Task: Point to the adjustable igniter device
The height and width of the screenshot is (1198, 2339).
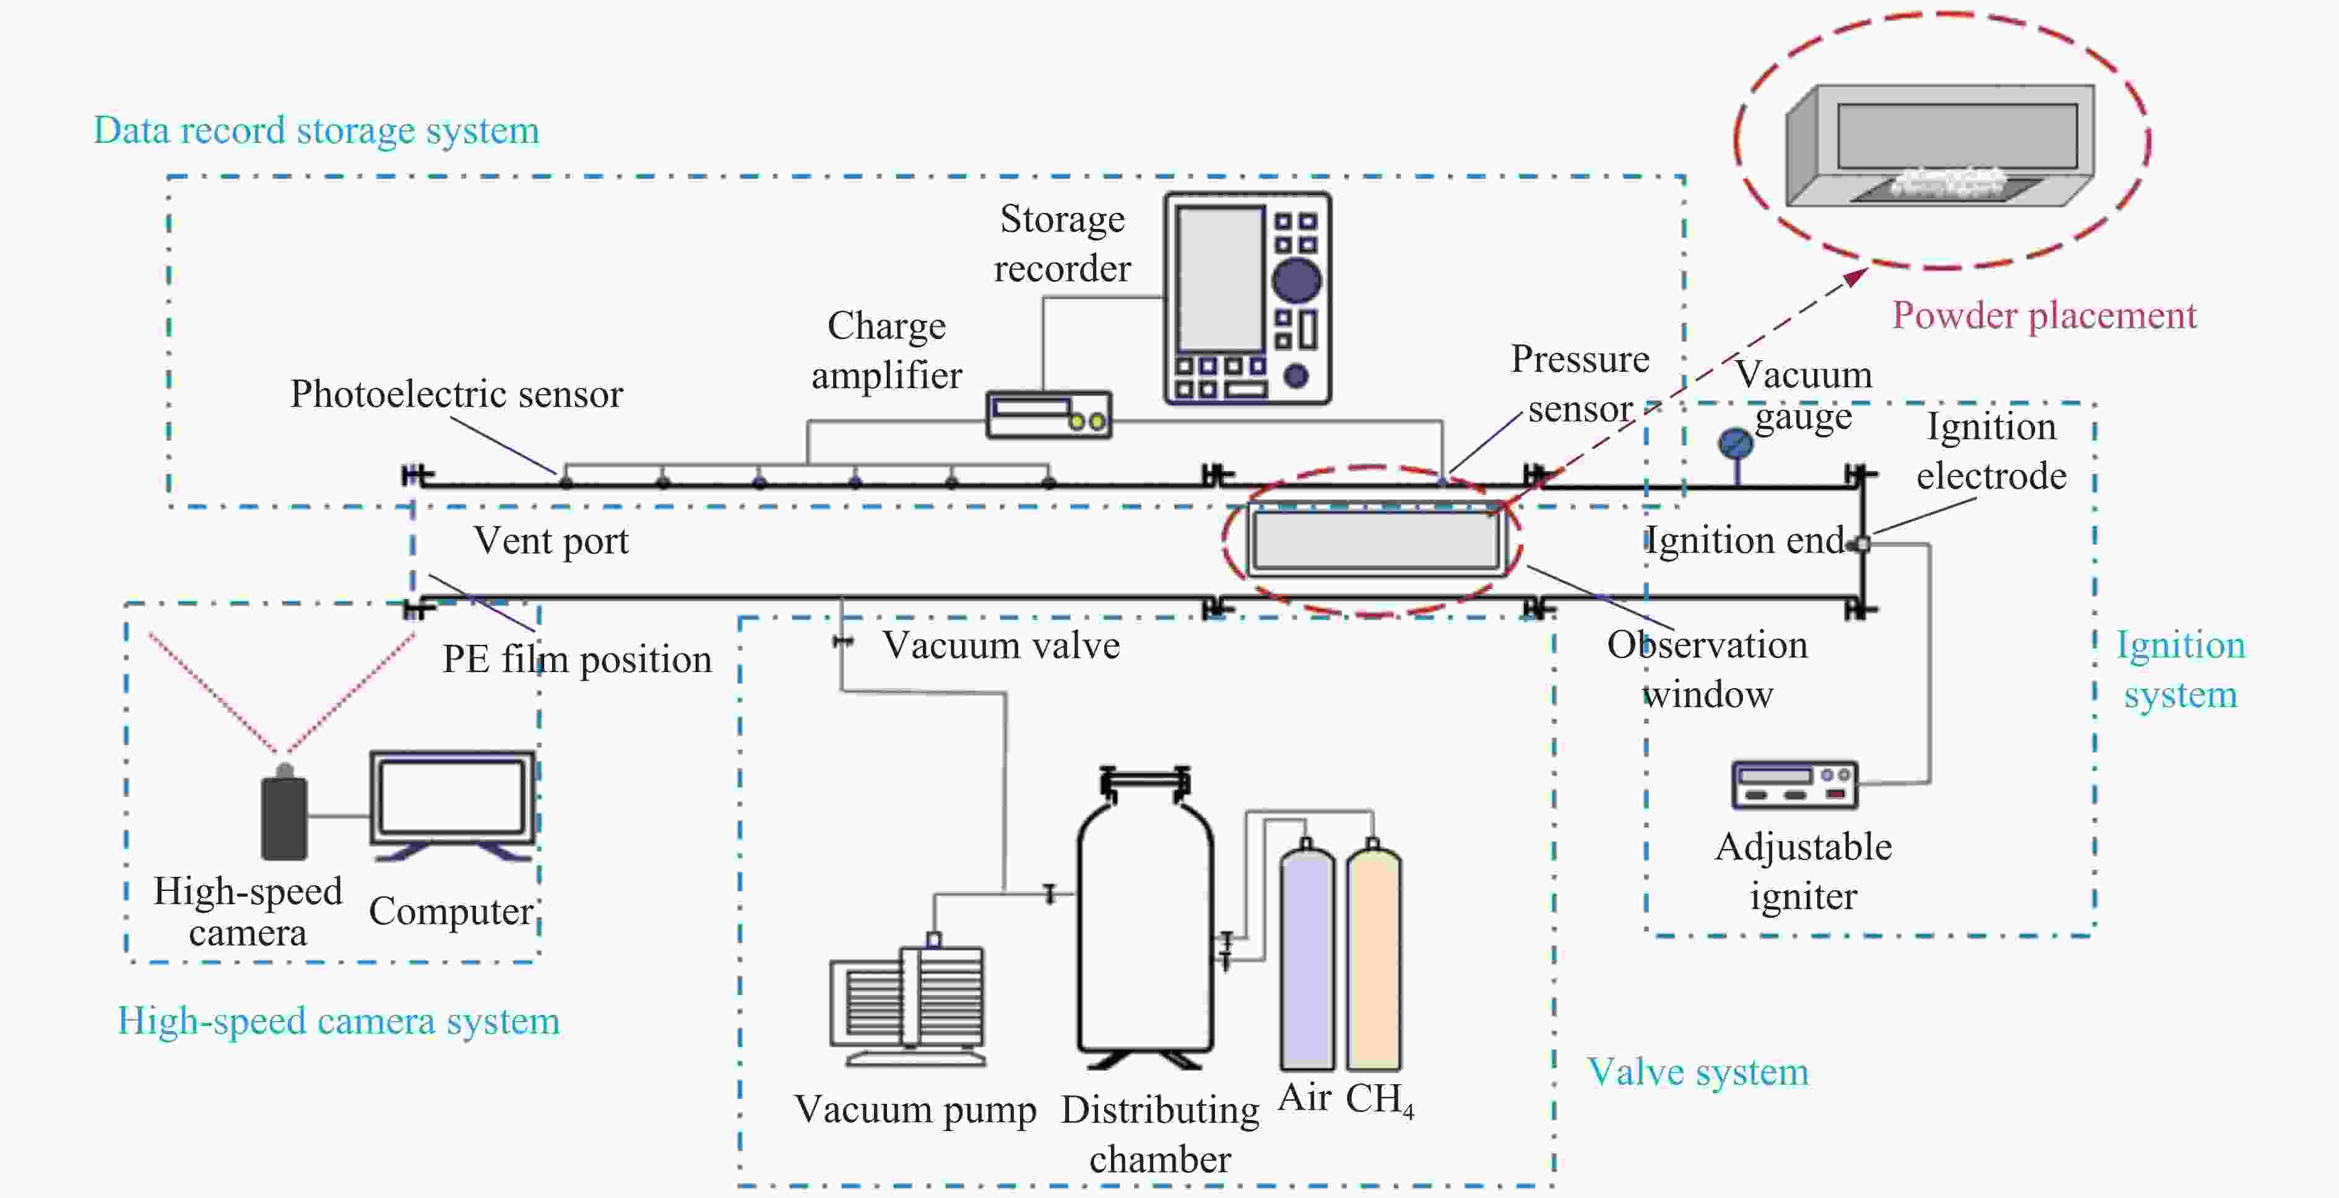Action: (x=1795, y=784)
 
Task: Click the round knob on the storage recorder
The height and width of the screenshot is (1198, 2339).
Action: (x=1297, y=280)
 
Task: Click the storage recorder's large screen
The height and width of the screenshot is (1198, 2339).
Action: (x=1221, y=278)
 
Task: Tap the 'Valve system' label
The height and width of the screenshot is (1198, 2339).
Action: (x=1698, y=1072)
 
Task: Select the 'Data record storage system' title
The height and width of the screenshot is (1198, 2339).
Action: (x=316, y=131)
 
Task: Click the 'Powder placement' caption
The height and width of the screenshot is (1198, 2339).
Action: (x=2044, y=316)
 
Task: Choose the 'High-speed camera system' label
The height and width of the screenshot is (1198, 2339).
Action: (x=339, y=1022)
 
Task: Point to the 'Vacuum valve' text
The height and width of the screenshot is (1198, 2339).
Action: (x=1001, y=645)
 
